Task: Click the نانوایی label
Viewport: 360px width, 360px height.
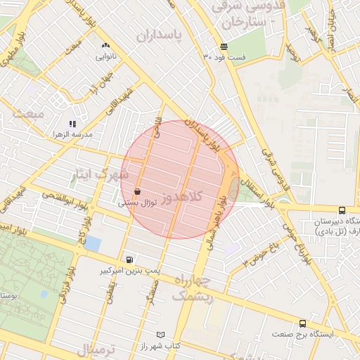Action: coord(106,53)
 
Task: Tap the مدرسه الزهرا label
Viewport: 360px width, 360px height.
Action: coord(73,134)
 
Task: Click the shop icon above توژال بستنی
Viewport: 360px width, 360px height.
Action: coord(136,191)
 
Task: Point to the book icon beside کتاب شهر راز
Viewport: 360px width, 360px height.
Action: coord(162,335)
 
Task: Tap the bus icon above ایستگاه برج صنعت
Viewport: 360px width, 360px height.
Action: coord(302,323)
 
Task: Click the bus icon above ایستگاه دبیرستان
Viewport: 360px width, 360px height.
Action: coord(342,210)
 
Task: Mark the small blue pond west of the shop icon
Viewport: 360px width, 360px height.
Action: coord(92,243)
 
